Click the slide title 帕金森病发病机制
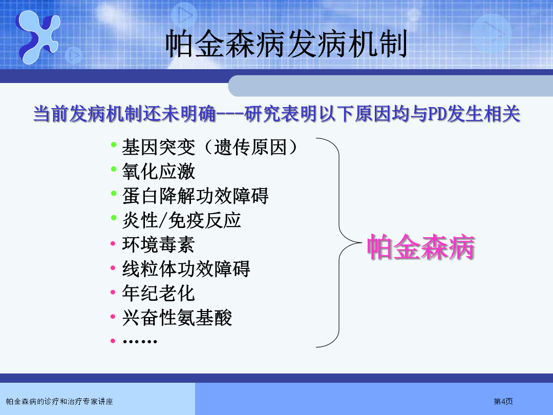(x=286, y=44)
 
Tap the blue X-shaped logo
(x=38, y=37)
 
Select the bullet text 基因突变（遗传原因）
(x=210, y=147)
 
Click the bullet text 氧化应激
(x=158, y=172)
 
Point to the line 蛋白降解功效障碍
(x=196, y=196)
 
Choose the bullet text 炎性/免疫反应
(x=182, y=220)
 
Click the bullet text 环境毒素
(x=158, y=244)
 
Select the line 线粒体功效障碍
(x=186, y=269)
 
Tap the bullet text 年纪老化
(x=158, y=293)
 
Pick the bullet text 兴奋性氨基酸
(x=177, y=318)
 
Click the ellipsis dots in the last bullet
(x=140, y=341)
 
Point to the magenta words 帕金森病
(x=421, y=247)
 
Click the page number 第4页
(x=503, y=401)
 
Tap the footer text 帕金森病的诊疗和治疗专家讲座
(x=59, y=402)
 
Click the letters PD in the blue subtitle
(x=437, y=114)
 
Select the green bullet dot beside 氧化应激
(x=114, y=169)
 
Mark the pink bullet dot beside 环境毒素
(x=113, y=243)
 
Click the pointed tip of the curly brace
(x=362, y=242)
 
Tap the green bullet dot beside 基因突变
(x=114, y=144)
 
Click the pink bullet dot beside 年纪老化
(x=113, y=292)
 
